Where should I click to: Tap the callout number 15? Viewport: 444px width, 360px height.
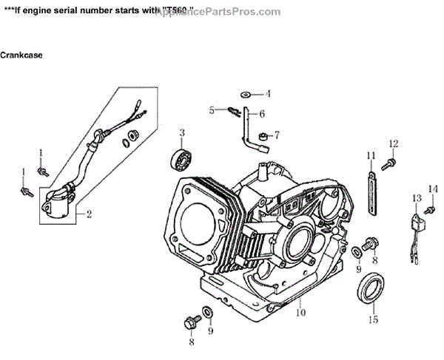[374, 319]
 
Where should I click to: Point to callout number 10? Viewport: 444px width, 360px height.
[300, 313]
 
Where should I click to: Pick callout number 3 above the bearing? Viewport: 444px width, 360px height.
[181, 132]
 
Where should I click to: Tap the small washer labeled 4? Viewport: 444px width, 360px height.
[245, 94]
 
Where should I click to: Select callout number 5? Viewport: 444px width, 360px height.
[212, 110]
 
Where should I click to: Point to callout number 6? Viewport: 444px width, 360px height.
[261, 114]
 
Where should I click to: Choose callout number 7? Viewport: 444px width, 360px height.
[277, 135]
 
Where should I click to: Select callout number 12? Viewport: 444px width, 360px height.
[394, 143]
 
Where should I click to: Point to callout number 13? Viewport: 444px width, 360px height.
[417, 198]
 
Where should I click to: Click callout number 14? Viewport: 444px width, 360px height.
[433, 189]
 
